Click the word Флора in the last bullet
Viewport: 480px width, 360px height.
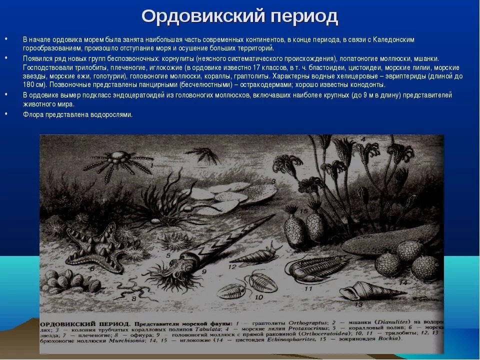(32, 114)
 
